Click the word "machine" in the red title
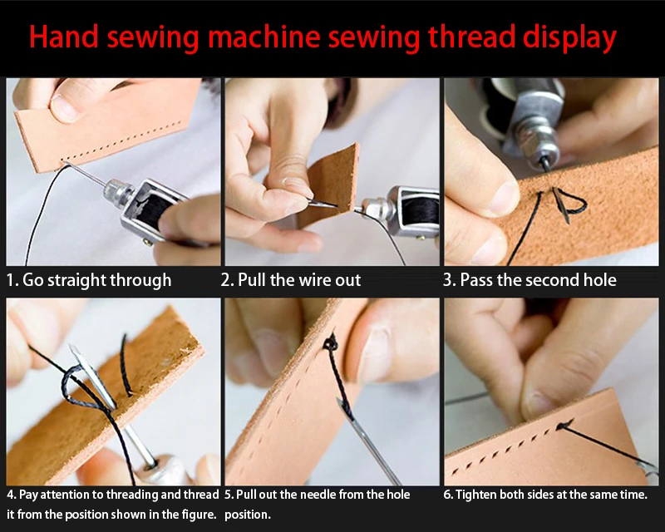click(x=264, y=37)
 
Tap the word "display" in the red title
click(x=569, y=38)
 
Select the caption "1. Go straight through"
click(x=89, y=280)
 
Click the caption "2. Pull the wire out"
click(x=290, y=280)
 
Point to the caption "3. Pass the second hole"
click(x=530, y=280)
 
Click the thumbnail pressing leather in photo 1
click(x=65, y=106)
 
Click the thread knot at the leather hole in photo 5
click(x=330, y=342)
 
